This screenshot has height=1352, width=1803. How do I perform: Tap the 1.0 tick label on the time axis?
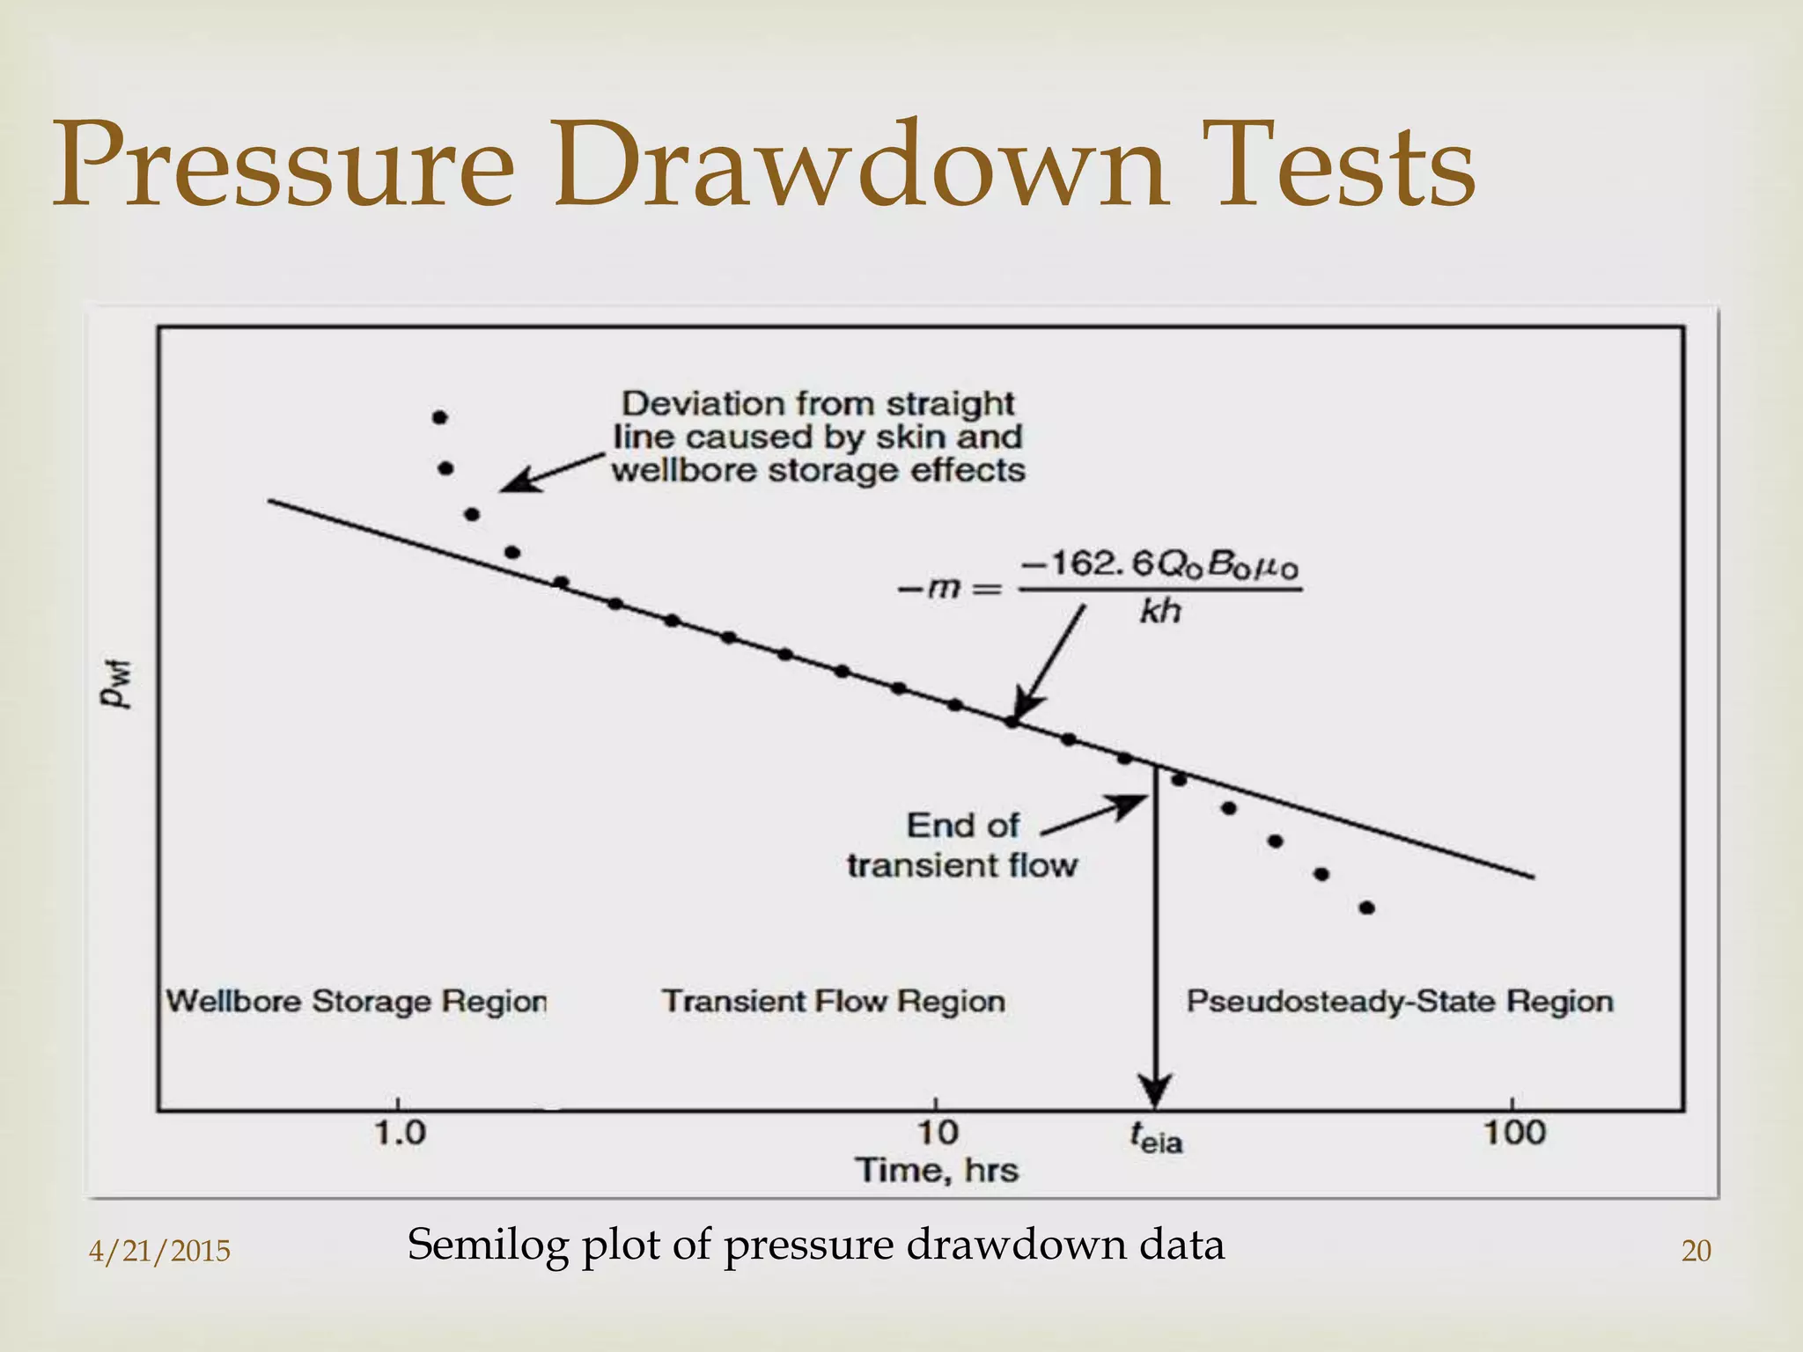coord(401,1133)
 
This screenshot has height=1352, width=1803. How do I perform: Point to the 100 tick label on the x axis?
coord(1514,1133)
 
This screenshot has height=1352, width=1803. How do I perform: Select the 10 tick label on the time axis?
coord(938,1133)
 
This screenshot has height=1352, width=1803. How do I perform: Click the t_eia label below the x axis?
coord(1156,1139)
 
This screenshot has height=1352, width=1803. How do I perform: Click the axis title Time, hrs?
coord(937,1171)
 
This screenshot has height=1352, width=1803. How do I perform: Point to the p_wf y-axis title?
coord(115,684)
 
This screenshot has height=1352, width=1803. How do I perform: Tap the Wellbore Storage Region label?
coord(357,1002)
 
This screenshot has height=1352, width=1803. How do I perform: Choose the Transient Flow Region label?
coord(833,1002)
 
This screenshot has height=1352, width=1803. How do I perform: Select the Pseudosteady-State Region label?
coord(1399,1002)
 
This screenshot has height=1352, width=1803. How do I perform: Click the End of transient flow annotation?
coord(961,845)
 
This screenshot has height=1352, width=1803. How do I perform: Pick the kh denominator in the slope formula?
coord(1159,611)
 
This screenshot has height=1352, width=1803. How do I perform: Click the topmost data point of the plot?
coord(440,417)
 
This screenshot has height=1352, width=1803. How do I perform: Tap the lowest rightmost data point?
coord(1366,907)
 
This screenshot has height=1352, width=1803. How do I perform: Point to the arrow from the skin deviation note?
coord(550,473)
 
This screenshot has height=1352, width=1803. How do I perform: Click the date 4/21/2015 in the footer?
coord(159,1251)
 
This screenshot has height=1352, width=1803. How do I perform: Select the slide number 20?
coord(1696,1251)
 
